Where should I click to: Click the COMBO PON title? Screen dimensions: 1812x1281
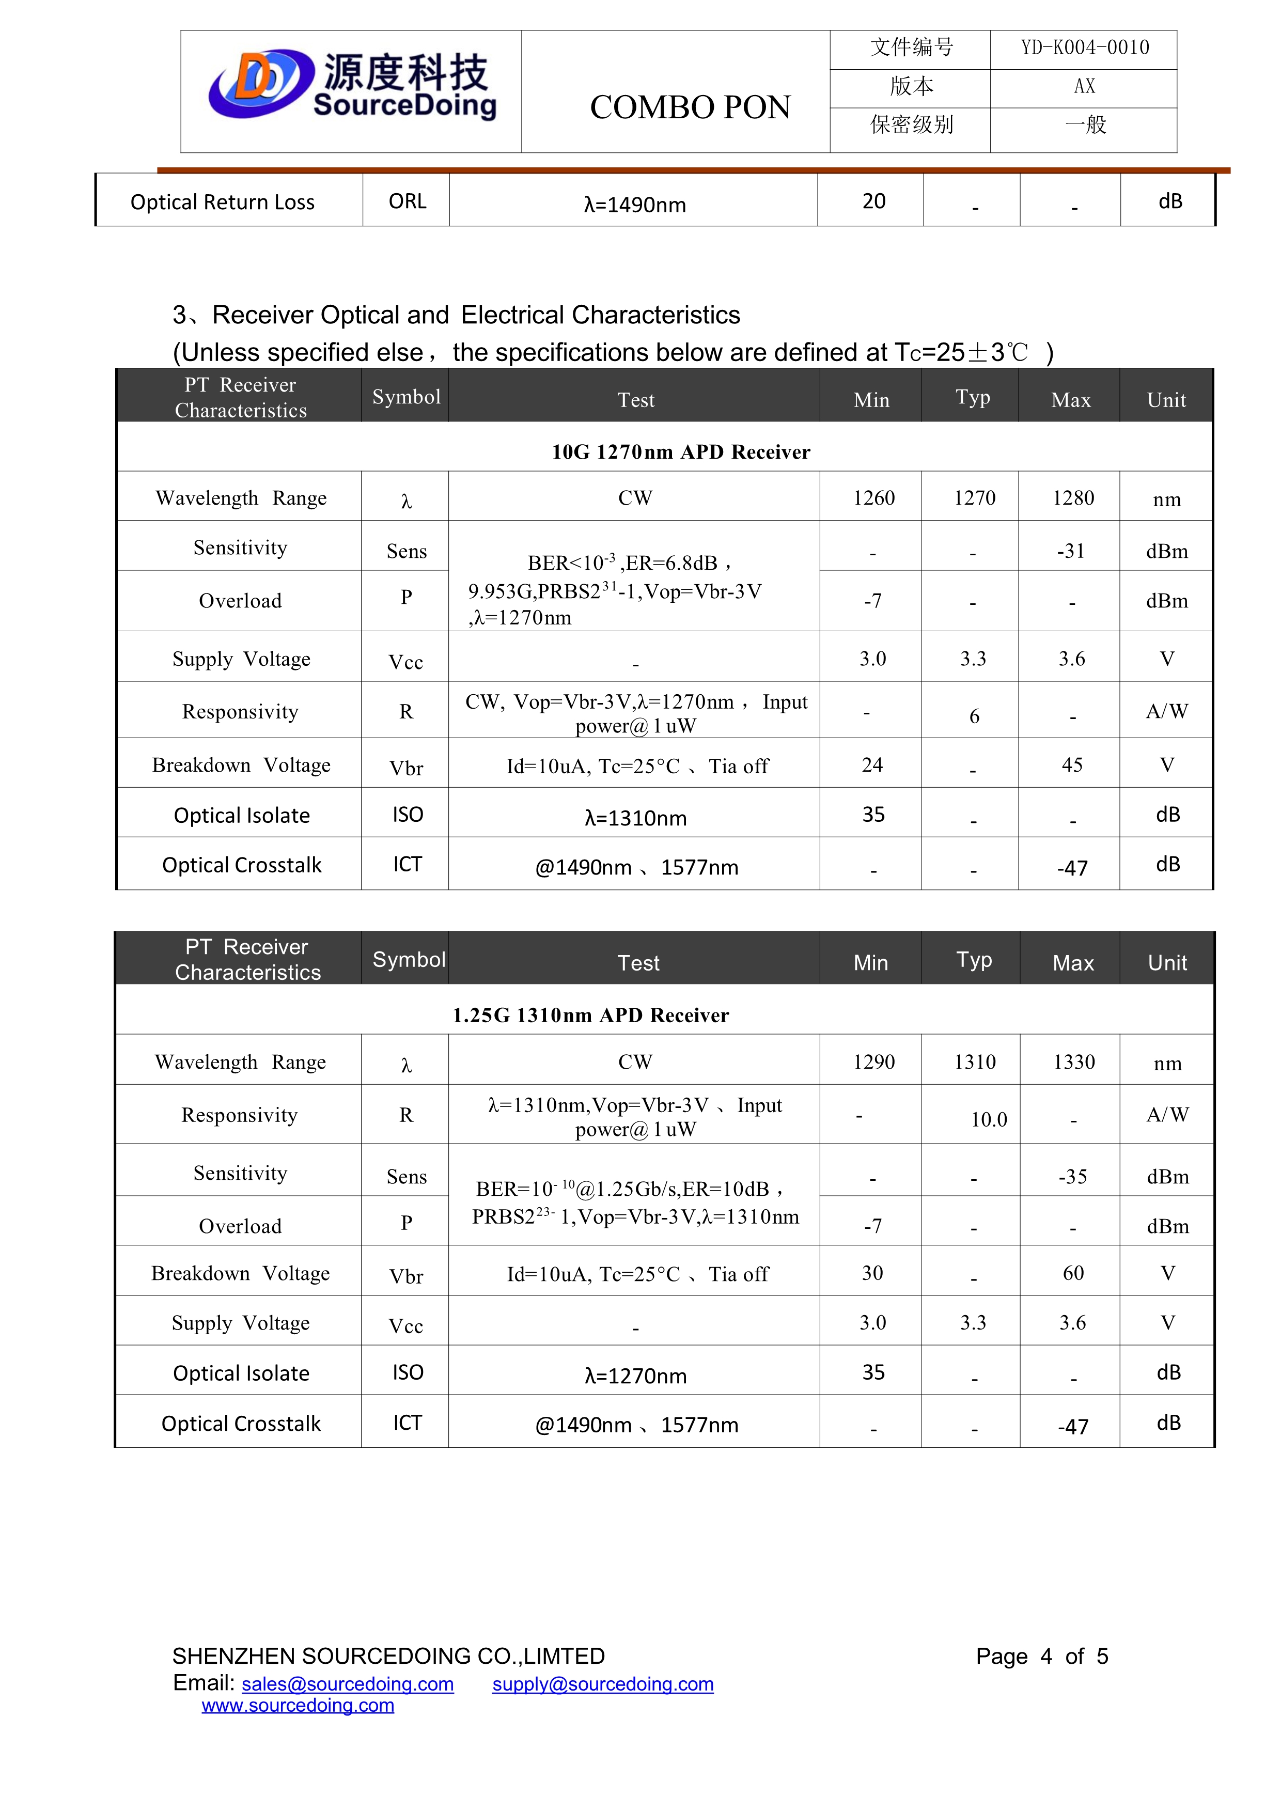click(690, 107)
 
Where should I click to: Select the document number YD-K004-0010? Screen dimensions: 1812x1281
click(1085, 48)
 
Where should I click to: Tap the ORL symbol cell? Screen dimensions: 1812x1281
click(407, 202)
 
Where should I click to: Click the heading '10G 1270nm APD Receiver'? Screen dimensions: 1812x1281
click(680, 452)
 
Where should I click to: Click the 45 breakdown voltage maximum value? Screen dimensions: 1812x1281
click(1072, 765)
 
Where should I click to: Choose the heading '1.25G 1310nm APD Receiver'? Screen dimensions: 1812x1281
click(590, 1015)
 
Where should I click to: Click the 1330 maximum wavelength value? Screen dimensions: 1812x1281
click(1073, 1063)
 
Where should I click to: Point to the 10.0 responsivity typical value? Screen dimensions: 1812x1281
click(988, 1119)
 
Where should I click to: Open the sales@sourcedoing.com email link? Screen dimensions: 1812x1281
click(347, 1684)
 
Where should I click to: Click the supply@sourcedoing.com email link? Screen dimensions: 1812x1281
click(602, 1684)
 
